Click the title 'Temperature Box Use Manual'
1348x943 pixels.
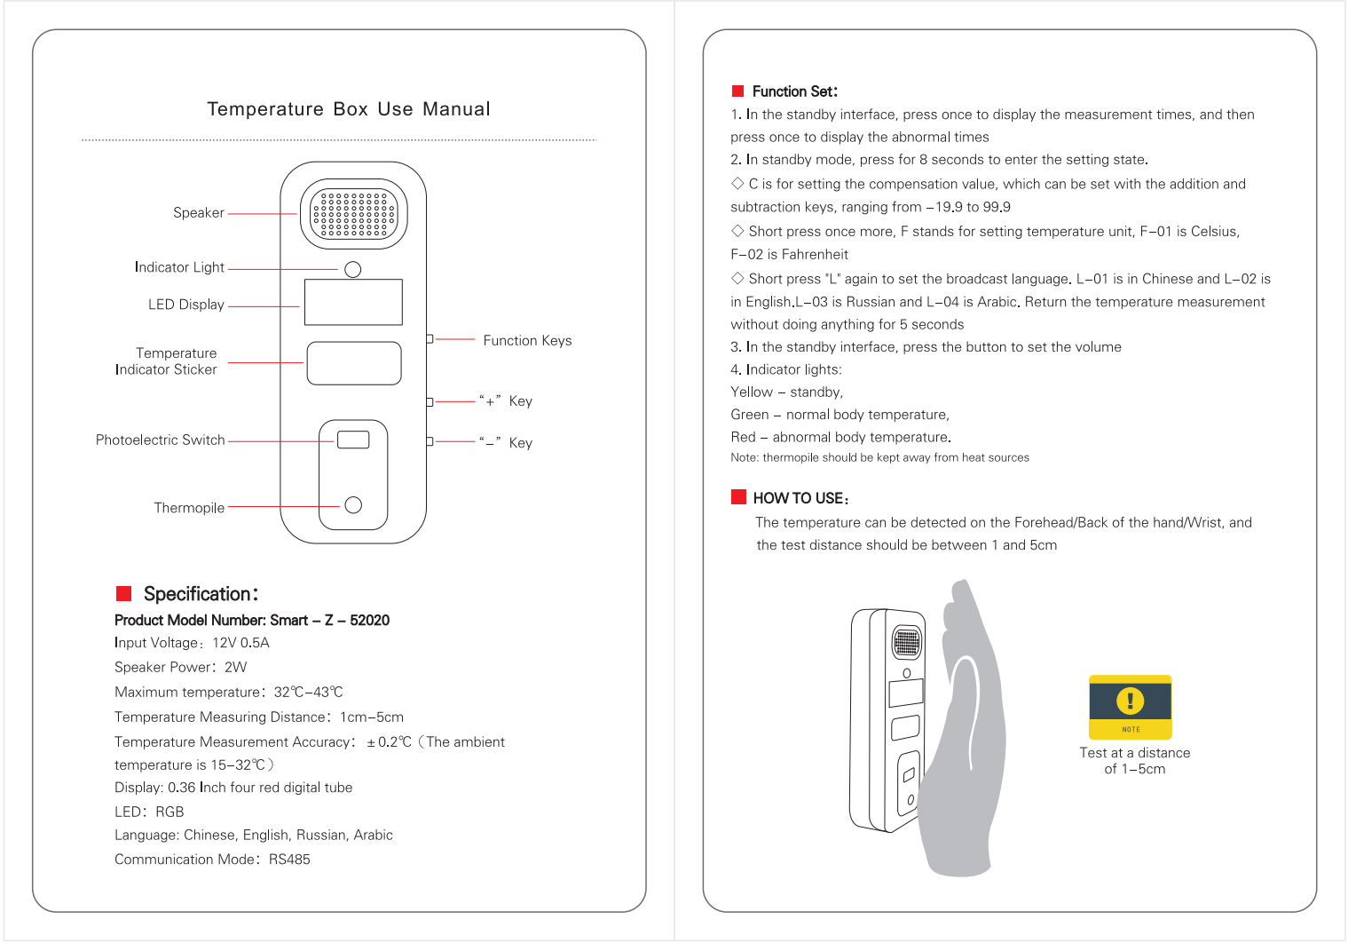(348, 109)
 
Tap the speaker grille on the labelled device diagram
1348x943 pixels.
(353, 214)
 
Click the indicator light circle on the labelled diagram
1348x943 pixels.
(352, 269)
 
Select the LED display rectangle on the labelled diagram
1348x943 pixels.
(353, 302)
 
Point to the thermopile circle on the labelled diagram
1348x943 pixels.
(353, 505)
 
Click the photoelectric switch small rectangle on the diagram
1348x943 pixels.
(353, 440)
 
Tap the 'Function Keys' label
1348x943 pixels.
(527, 341)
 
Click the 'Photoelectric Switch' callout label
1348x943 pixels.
(160, 440)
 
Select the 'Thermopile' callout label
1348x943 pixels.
(189, 508)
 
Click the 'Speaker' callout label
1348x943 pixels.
(198, 213)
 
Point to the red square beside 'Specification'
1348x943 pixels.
(124, 593)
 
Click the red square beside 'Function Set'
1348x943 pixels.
(737, 91)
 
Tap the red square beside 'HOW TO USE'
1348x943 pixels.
(738, 496)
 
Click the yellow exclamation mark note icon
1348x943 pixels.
(1130, 701)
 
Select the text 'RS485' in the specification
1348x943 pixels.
(289, 860)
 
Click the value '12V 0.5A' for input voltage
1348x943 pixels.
(240, 643)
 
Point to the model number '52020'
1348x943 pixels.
(369, 621)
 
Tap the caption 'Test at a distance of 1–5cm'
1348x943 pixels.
(1134, 761)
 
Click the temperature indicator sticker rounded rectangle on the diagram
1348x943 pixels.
(353, 363)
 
